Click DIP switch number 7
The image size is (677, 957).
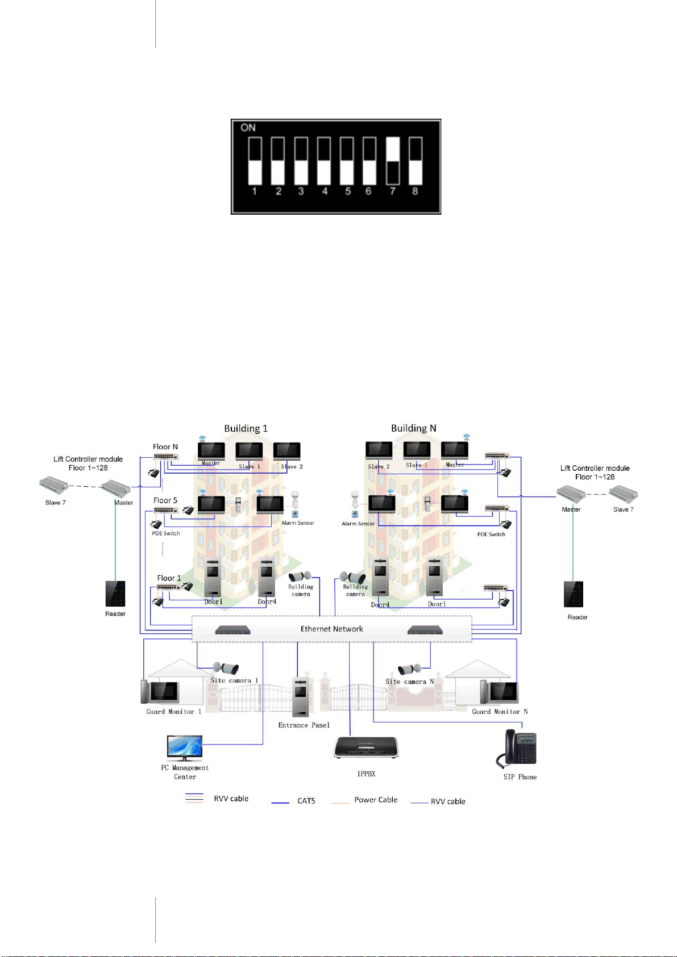(393, 161)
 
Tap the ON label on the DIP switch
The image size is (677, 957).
(248, 128)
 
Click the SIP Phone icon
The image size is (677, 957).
(518, 749)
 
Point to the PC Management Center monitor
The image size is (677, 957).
(185, 748)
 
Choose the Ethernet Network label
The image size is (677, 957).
(331, 629)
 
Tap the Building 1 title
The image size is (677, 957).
(246, 428)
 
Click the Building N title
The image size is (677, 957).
(413, 428)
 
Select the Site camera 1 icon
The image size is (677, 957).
(226, 668)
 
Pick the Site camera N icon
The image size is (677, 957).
(409, 669)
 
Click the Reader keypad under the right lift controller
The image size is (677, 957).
(574, 594)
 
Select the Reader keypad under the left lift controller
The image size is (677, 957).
(115, 594)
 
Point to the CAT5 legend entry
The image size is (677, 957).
(306, 801)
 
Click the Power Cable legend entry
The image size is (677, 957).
(376, 800)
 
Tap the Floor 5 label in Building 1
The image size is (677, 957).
(165, 500)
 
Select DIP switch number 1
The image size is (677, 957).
(255, 161)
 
